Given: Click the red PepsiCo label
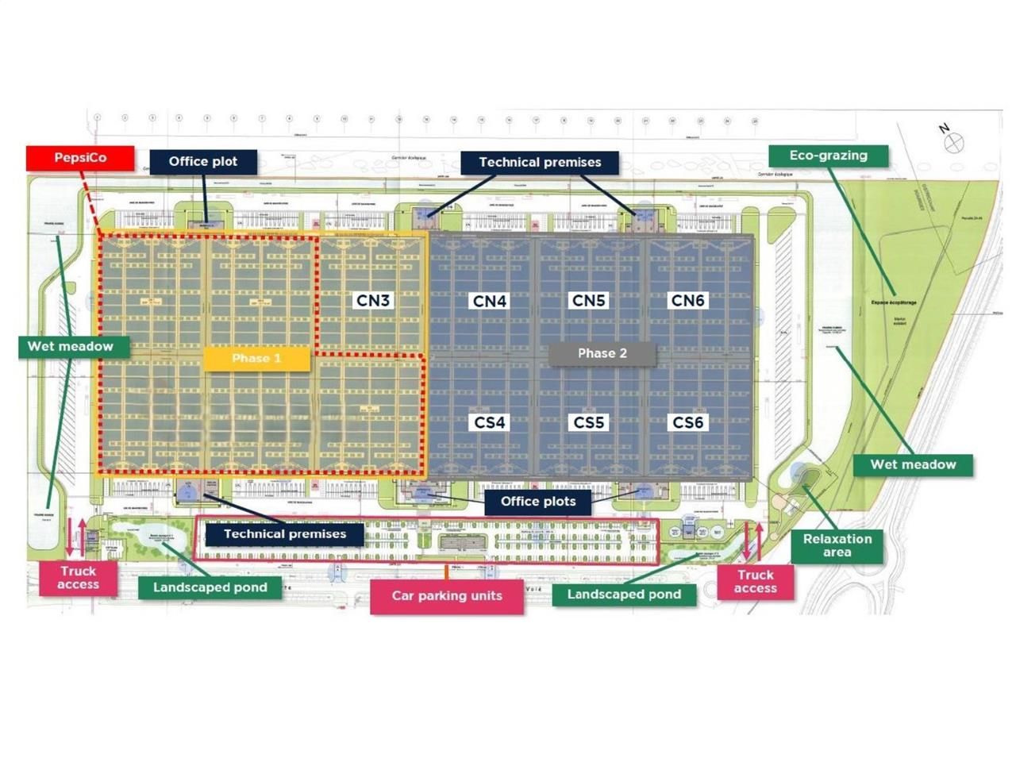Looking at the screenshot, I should point(79,158).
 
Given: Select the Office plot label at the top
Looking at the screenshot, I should point(202,162).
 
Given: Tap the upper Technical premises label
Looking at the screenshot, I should point(540,163).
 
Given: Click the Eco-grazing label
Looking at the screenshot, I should point(828,156).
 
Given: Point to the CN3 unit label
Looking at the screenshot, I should point(372,301).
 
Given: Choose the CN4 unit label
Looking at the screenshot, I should point(489,302).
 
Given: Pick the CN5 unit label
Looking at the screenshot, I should point(588,301).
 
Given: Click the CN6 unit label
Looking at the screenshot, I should point(687,301).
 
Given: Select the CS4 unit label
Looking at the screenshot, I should point(489,423).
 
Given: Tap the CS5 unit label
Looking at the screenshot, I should point(588,423).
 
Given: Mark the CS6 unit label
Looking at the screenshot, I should point(687,423).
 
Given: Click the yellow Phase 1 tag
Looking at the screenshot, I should point(256,359).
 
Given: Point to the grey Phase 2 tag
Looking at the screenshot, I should point(602,354).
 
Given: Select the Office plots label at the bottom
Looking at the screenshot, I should point(538,502).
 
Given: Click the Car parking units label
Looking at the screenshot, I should point(447,596).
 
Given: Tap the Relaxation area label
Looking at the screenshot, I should point(837,545).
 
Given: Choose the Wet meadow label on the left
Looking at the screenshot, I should point(70,347).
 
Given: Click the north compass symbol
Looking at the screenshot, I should point(953,142).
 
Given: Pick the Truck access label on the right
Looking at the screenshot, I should point(755,582).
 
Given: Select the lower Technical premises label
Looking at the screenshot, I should point(284,534).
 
